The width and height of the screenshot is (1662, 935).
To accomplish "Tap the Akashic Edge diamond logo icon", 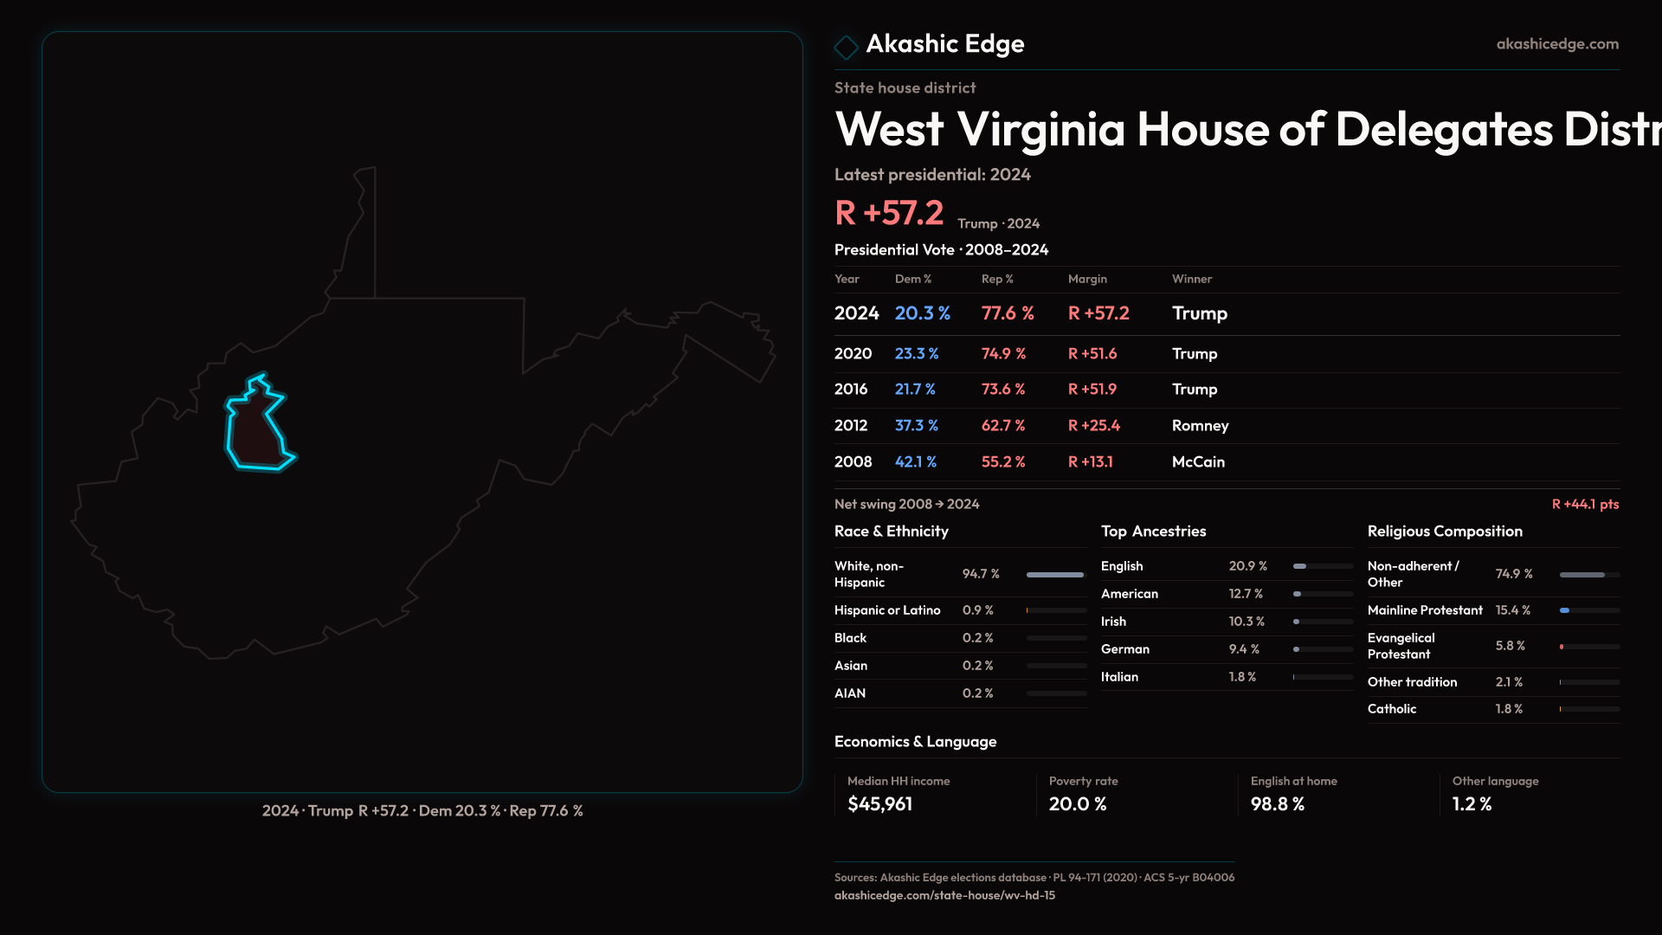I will (x=846, y=47).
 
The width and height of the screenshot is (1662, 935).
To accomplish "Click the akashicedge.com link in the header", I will (x=1556, y=44).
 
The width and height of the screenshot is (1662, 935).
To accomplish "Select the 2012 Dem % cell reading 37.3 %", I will (x=916, y=426).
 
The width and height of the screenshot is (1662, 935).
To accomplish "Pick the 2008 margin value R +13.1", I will (x=1090, y=462).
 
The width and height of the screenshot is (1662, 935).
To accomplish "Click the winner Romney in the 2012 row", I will (x=1200, y=426).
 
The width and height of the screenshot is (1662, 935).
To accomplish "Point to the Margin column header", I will (x=1087, y=279).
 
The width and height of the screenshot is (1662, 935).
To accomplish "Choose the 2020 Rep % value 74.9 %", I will (x=1003, y=354).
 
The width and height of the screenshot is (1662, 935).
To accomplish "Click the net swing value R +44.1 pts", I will (x=1584, y=504).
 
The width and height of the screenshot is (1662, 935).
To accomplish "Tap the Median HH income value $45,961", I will (x=879, y=804).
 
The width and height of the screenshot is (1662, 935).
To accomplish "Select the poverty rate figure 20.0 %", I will (x=1077, y=804).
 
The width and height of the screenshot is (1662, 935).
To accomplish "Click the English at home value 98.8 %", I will (x=1277, y=804).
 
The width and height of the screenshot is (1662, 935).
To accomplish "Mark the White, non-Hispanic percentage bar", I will (x=1055, y=575).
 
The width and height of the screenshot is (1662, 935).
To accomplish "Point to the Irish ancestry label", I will (x=1113, y=622).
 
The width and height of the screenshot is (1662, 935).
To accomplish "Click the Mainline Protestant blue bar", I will (x=1565, y=610).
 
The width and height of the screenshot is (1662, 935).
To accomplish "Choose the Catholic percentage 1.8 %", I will (x=1509, y=709).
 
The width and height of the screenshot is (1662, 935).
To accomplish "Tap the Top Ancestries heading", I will (x=1153, y=532).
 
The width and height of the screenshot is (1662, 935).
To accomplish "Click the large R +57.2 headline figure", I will (x=888, y=213).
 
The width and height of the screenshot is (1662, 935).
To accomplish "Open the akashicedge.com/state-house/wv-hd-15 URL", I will (x=944, y=896).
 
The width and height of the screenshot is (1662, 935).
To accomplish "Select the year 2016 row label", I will (x=851, y=390).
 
